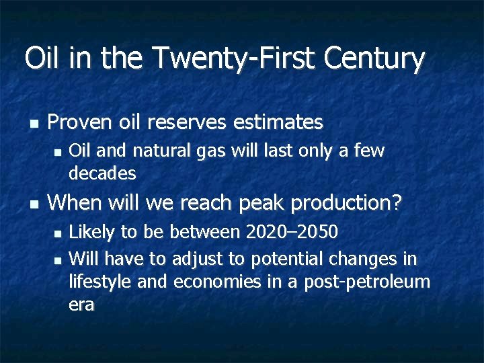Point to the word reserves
191,123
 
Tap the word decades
102,173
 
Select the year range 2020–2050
292,233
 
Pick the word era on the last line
81,305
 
